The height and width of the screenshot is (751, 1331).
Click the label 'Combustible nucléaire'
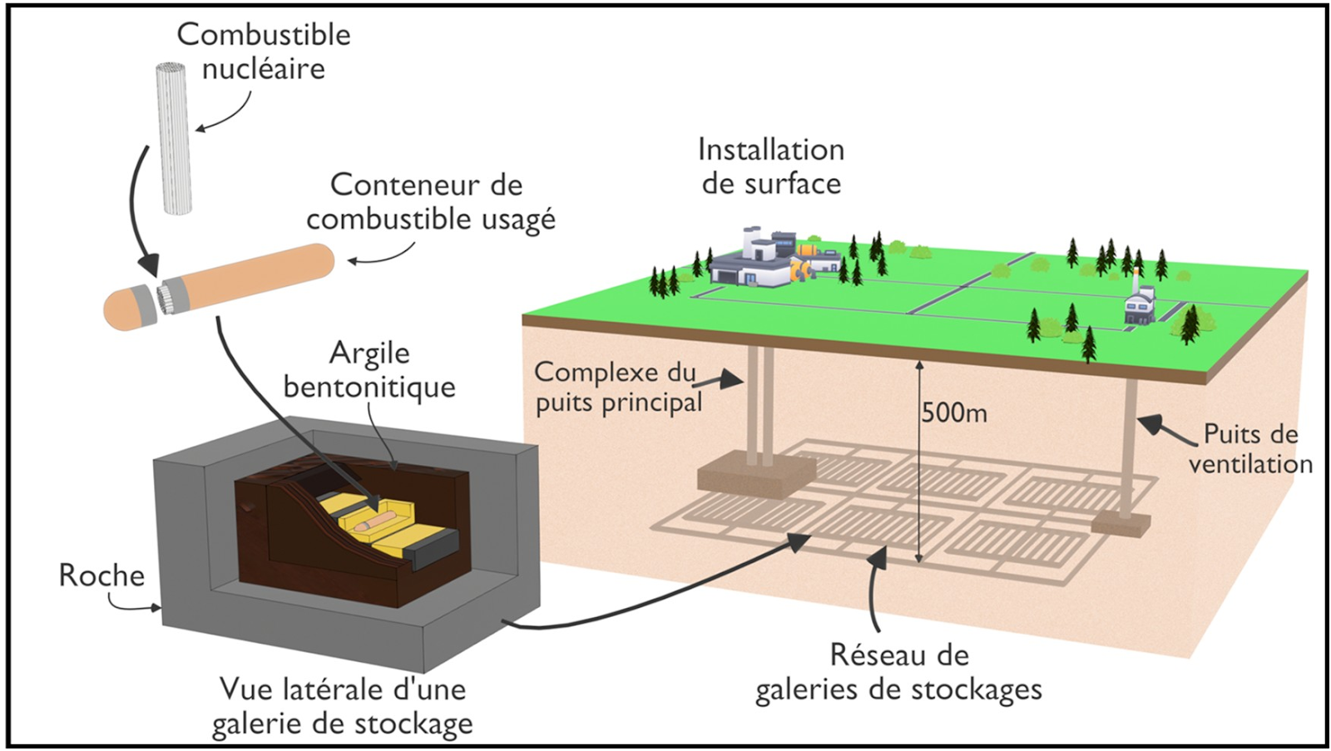[263, 52]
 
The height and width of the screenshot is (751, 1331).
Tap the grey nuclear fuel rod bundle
[174, 138]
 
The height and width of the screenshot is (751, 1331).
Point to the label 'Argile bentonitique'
[369, 370]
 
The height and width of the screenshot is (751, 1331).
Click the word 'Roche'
[101, 576]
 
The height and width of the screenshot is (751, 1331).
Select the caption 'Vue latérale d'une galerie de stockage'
[342, 706]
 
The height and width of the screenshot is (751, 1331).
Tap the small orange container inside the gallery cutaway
[373, 521]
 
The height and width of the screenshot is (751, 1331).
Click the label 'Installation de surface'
[771, 166]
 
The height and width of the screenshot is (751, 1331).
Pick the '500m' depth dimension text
[954, 413]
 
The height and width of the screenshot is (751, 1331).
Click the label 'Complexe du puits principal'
[616, 388]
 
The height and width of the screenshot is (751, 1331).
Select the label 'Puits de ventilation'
[1250, 449]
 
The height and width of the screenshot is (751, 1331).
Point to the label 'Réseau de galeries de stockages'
[898, 672]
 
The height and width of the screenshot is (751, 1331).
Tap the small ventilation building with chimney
[1140, 304]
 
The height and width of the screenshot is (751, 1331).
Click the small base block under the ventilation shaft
[1121, 524]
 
